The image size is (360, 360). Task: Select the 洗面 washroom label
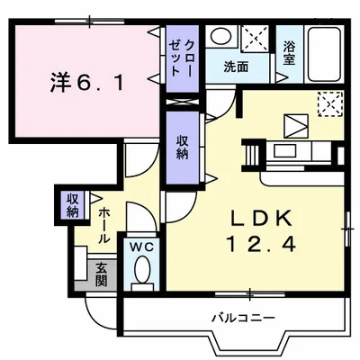237,66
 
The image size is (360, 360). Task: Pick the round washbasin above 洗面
220,38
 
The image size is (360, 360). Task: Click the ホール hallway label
104,225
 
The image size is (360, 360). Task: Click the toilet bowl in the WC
140,269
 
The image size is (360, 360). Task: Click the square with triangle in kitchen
293,125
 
